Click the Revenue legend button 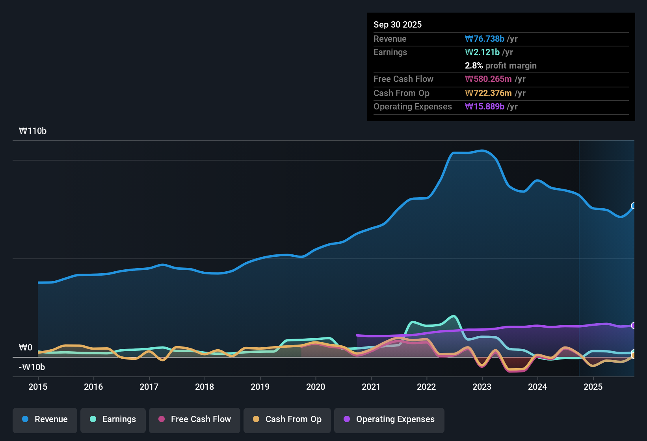tap(45, 419)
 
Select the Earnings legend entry tap(113, 419)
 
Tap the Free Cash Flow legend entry tap(195, 419)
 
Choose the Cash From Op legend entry tap(287, 419)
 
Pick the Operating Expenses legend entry tap(389, 419)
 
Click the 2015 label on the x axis tap(38, 387)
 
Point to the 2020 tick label tap(316, 387)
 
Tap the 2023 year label tap(482, 387)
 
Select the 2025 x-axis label tap(593, 387)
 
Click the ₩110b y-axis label tap(33, 131)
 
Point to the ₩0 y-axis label tap(26, 347)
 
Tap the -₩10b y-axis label tap(32, 367)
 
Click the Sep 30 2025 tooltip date tap(398, 24)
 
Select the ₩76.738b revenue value tap(485, 39)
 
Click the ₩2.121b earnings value tap(482, 52)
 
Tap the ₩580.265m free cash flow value tap(488, 79)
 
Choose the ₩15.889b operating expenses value tap(485, 106)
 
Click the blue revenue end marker tap(634, 206)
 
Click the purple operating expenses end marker tap(634, 325)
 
